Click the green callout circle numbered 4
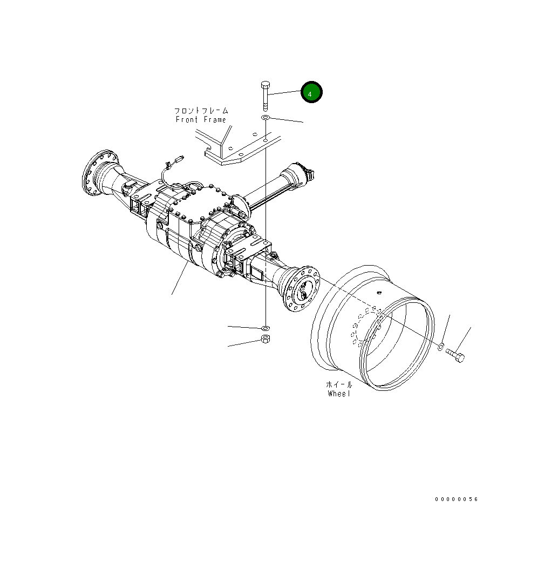click(311, 92)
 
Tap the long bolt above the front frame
click(266, 96)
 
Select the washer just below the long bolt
click(266, 118)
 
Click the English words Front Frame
click(201, 119)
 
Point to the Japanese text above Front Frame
click(201, 111)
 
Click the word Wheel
click(339, 394)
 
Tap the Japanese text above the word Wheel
click(339, 384)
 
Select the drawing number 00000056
click(457, 499)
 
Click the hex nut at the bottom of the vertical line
click(266, 339)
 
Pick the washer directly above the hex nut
click(266, 328)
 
